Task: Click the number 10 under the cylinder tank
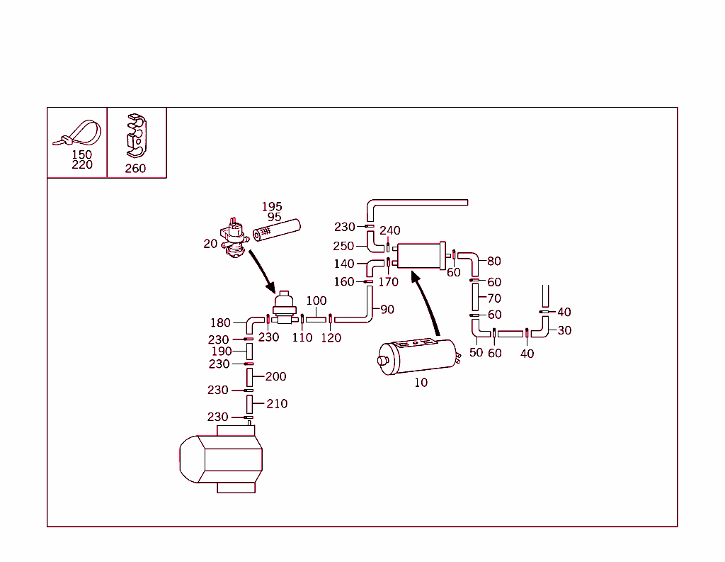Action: click(x=421, y=383)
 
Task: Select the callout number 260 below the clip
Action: click(x=135, y=169)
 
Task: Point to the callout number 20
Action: click(x=210, y=244)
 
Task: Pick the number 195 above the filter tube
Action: click(x=272, y=207)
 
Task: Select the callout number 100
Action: click(x=316, y=302)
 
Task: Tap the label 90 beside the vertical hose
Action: click(x=387, y=310)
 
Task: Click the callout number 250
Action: click(x=343, y=247)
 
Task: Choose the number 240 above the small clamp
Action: click(x=390, y=230)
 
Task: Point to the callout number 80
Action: click(x=494, y=262)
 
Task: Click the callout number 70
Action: click(x=494, y=299)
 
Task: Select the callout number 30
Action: click(x=564, y=330)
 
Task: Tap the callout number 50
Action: click(x=476, y=352)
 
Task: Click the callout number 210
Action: click(x=277, y=403)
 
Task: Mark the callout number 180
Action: click(x=220, y=323)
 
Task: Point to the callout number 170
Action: click(x=389, y=281)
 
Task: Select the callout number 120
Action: click(x=331, y=338)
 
